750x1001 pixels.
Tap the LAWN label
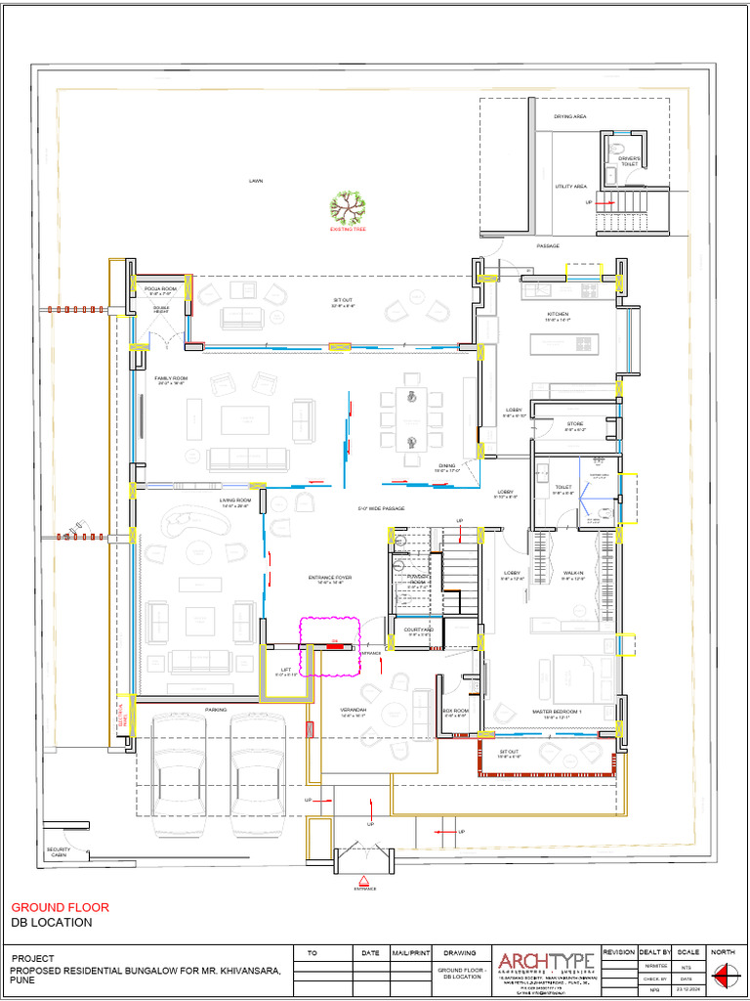pyautogui.click(x=256, y=181)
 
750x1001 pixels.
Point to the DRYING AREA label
pyautogui.click(x=570, y=116)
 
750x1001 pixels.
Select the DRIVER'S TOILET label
pyautogui.click(x=629, y=161)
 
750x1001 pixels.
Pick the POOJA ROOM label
pyautogui.click(x=161, y=290)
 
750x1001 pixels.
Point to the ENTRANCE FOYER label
pyautogui.click(x=330, y=579)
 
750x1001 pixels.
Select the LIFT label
pyautogui.click(x=285, y=672)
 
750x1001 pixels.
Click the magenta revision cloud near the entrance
pyautogui.click(x=330, y=645)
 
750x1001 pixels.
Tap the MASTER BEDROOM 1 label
pyautogui.click(x=557, y=713)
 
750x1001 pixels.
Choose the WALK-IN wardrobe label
pyautogui.click(x=573, y=575)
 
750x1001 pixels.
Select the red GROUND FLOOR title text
pyautogui.click(x=60, y=907)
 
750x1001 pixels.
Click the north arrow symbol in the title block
pyautogui.click(x=724, y=974)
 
